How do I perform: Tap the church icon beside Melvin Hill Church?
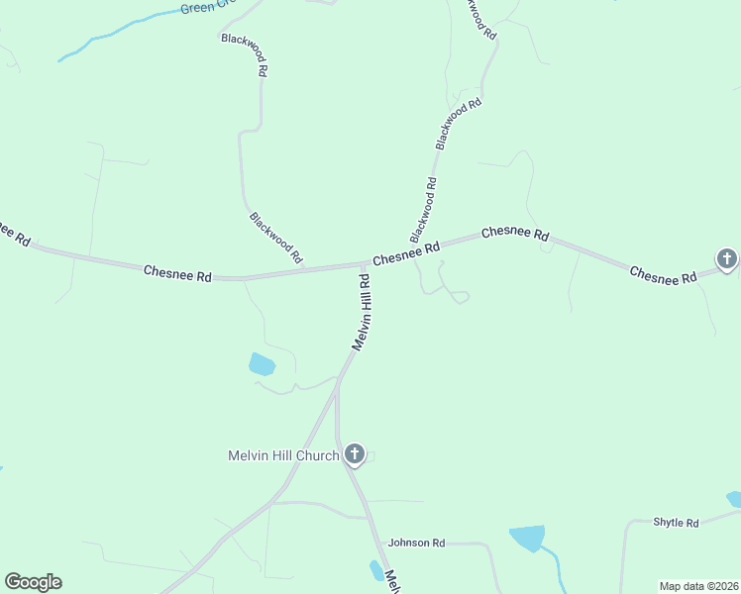point(355,455)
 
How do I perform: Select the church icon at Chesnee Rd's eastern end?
point(726,259)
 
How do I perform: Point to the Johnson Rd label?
point(417,543)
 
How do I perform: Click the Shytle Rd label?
point(676,523)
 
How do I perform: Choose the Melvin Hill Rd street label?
point(362,313)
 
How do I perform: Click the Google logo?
point(33,582)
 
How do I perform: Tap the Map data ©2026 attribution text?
point(698,586)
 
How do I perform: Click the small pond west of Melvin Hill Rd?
point(262,364)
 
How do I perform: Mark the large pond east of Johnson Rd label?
point(527,539)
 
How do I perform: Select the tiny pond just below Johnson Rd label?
point(376,570)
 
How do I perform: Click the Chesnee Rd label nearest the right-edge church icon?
point(662,275)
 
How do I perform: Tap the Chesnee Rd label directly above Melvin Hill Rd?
point(405,255)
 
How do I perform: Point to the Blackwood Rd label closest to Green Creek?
point(244,54)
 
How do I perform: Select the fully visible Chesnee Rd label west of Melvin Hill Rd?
point(177,273)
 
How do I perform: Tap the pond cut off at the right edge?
point(735,499)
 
